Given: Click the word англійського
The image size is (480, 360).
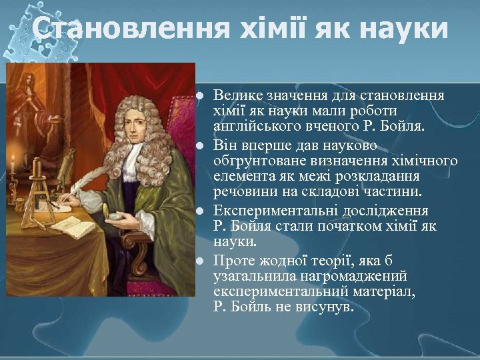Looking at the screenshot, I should [x=254, y=125].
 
